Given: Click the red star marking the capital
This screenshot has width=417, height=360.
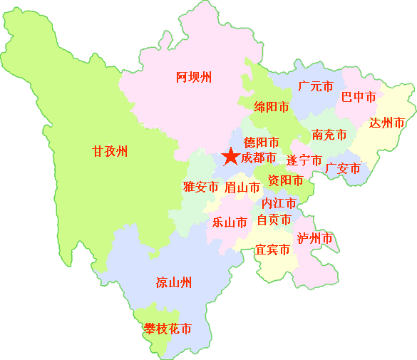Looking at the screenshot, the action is pos(230,156).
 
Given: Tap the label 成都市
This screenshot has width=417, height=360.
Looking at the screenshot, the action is pos(258,158).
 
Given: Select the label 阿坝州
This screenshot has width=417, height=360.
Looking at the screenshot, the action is pos(194,78).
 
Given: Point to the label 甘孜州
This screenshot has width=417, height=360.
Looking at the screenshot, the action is pos(110,151).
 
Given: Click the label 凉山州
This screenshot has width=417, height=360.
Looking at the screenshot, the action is pos(174,282).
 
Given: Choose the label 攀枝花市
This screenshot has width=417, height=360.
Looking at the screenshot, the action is pos(168,329).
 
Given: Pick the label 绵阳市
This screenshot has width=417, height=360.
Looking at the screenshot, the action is pos(272,107).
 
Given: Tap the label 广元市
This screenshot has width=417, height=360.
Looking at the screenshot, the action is pos(316,87).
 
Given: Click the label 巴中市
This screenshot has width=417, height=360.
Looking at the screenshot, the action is pos(359,96).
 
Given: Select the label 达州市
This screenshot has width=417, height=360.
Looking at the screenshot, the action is pos(387,123).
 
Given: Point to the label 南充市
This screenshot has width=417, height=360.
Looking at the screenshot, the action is pos(329,135).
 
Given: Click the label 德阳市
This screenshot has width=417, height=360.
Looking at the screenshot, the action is pos(261,142).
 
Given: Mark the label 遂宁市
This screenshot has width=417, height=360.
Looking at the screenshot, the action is pos(304,160).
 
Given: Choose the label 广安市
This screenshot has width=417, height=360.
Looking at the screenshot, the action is pos(342,168).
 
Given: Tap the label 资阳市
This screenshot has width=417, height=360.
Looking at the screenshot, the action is pos(285,180).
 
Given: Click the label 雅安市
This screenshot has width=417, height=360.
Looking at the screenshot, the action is pos(200,187).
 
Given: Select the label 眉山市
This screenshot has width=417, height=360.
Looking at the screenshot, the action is pos(242,187).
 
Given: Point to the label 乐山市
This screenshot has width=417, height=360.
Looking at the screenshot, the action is pos(230,222).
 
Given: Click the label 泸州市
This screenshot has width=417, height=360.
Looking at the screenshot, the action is pos(315,237).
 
